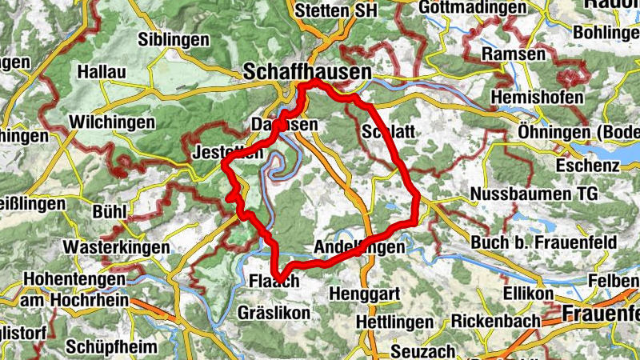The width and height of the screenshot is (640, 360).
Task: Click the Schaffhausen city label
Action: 307,71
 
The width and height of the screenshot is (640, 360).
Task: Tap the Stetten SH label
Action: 333,11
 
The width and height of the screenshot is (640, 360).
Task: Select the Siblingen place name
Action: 174,39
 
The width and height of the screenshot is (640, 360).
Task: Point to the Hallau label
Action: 102,72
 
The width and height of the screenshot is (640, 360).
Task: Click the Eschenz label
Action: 590,166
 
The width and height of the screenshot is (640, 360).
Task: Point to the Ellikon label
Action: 528,294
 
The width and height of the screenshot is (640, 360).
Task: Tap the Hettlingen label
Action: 394,321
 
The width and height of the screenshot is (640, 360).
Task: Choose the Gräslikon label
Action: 273,313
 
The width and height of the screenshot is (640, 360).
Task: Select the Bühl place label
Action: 110,212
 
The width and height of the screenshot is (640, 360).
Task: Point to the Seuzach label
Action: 424,351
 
